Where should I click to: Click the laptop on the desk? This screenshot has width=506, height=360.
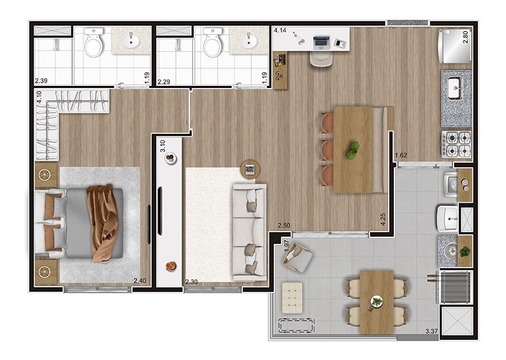(321, 43)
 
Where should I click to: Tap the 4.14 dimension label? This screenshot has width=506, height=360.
(280, 31)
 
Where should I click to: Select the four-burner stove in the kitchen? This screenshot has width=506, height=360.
(456, 144)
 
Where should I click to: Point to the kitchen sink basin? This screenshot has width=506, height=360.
(455, 88)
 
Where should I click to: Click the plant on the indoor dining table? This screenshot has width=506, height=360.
(353, 151)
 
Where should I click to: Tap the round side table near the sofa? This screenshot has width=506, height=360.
(250, 169)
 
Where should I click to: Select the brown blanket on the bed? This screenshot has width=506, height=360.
(102, 223)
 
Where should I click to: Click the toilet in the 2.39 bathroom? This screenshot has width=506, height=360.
(94, 42)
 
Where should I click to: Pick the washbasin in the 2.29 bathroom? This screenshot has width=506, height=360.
(249, 41)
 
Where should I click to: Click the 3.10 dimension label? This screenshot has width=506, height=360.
(163, 146)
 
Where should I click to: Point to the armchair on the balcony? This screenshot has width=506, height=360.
(297, 257)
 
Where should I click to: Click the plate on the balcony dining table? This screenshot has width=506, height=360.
(377, 302)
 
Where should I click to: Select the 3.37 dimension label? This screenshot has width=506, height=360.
(431, 331)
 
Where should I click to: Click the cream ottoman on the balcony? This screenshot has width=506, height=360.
(292, 298)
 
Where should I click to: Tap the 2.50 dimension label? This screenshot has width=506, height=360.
(284, 226)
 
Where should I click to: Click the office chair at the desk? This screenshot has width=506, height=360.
(321, 58)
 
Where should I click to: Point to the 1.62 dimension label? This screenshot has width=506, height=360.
(401, 155)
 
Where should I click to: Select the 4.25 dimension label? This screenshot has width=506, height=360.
(383, 219)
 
